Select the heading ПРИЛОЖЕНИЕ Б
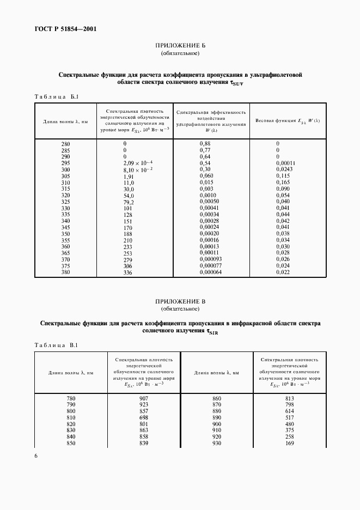[180, 46]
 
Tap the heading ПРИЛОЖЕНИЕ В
[180, 301]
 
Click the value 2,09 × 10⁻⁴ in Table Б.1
[138, 163]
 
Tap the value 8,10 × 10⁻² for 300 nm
[138, 170]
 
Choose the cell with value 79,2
[129, 201]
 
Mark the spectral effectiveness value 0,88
[205, 143]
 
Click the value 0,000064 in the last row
[211, 272]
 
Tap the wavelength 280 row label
[66, 143]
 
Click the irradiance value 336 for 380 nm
[128, 272]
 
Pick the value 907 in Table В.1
[144, 398]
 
